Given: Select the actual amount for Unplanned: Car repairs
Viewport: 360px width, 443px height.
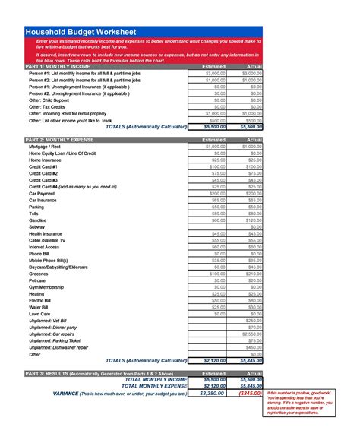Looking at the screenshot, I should tap(251, 333).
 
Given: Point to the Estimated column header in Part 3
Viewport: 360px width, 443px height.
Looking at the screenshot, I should tap(214, 374).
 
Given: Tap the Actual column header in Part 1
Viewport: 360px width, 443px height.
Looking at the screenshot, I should tap(254, 66).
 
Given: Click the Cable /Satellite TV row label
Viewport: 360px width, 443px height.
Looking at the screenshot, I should tap(47, 239).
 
